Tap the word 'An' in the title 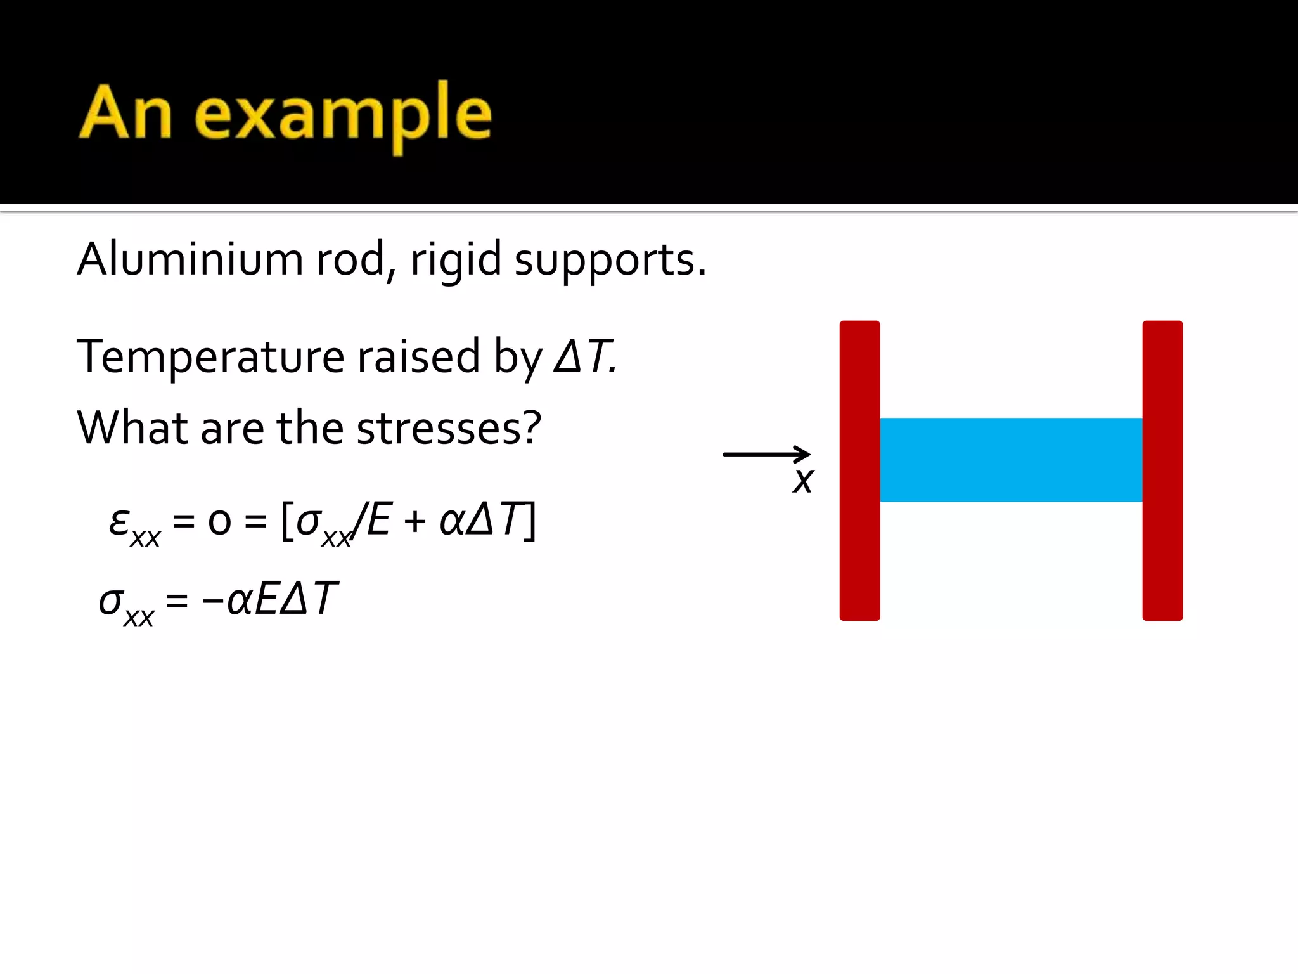125,113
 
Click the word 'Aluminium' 190,259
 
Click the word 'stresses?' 449,427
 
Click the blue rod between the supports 1011,460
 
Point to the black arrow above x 766,454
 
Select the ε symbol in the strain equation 119,523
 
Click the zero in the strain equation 219,523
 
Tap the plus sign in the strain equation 414,523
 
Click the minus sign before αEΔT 212,600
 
